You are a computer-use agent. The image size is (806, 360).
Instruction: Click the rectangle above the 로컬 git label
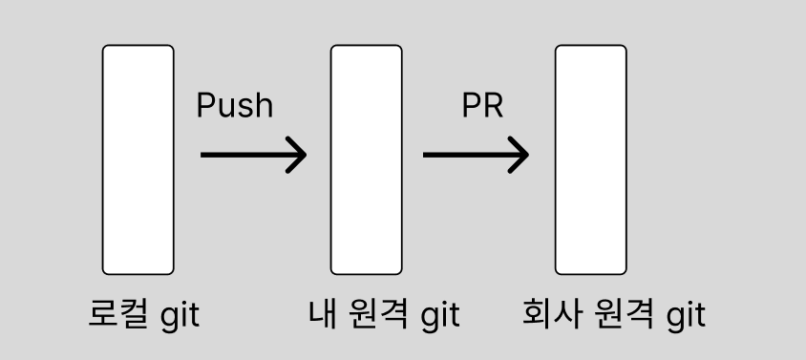click(138, 159)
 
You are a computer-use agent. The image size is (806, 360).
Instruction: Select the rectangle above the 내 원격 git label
click(366, 159)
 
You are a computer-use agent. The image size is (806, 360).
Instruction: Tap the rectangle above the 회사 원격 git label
click(591, 159)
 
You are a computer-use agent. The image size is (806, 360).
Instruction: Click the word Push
click(234, 105)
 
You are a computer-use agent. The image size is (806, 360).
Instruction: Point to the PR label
click(481, 105)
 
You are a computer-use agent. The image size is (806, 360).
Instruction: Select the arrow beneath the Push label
click(252, 155)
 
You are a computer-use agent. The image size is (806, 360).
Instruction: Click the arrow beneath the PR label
click(475, 155)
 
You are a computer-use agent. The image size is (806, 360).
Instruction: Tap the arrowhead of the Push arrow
click(297, 155)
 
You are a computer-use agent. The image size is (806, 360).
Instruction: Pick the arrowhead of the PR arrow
click(520, 155)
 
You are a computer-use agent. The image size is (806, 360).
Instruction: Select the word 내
click(322, 313)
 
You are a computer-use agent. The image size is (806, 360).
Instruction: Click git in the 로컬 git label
click(177, 315)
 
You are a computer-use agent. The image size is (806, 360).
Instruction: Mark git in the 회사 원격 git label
click(685, 315)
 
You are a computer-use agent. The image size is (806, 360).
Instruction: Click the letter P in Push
click(205, 105)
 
